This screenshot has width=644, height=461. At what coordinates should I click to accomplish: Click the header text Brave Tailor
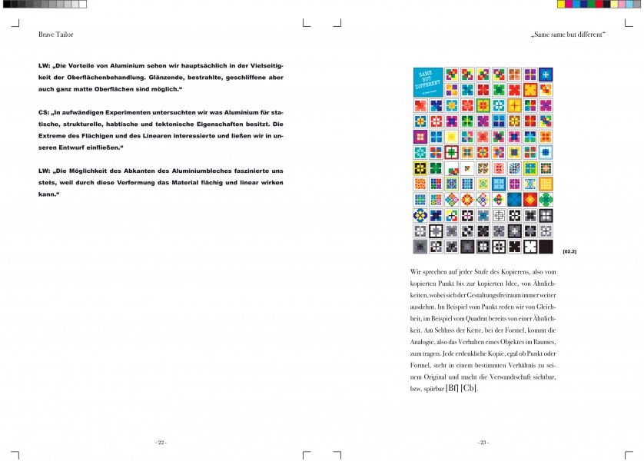[55, 35]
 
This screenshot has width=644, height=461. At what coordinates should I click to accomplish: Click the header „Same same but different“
[568, 35]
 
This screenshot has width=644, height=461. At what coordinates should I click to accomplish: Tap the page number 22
[161, 443]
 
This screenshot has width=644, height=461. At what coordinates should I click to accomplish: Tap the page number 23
[483, 443]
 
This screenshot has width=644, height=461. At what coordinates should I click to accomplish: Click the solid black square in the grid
[546, 247]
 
